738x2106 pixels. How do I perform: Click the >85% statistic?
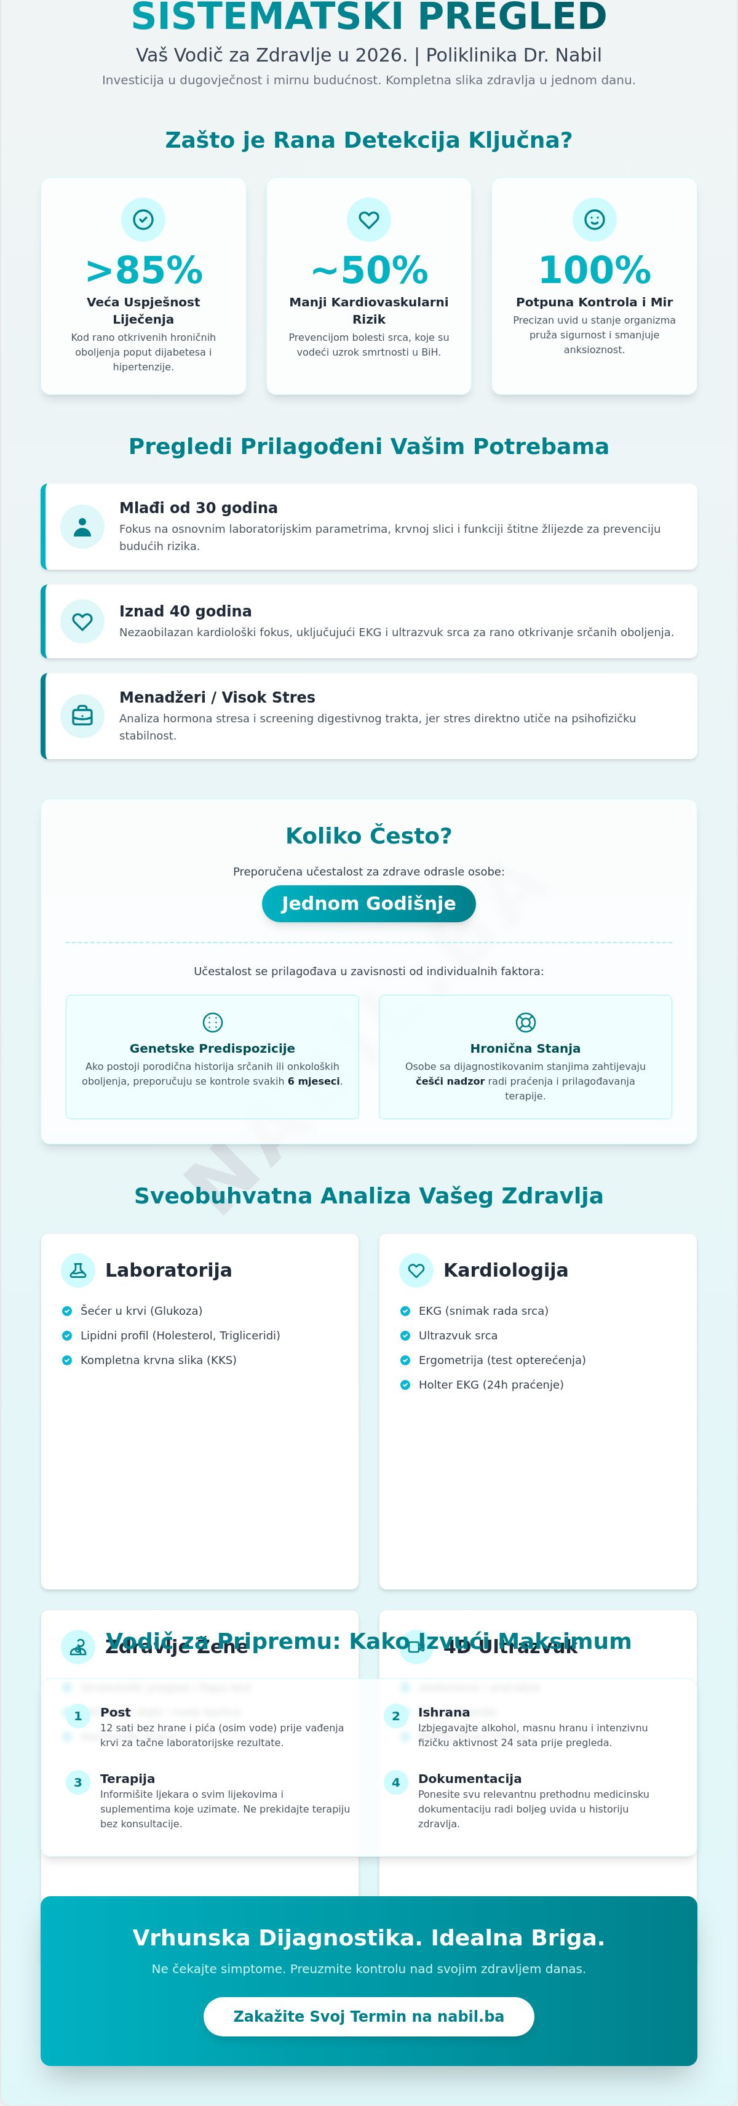pos(143,270)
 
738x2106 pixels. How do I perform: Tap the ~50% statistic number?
pos(368,270)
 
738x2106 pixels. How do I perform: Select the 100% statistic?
pos(594,270)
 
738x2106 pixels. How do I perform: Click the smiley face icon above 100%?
pos(594,219)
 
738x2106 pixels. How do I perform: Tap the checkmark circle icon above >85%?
pos(143,219)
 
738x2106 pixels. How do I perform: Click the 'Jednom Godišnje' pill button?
pos(368,903)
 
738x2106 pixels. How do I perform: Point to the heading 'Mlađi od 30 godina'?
pos(199,508)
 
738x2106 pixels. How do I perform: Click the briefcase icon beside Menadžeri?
pos(82,716)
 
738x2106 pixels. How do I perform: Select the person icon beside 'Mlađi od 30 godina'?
pos(82,527)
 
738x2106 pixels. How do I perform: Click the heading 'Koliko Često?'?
pos(368,836)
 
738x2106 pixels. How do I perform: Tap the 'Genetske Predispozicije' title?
pos(213,1048)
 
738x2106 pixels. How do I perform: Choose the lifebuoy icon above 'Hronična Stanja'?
pos(525,1022)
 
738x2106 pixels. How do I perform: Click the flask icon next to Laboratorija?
pos(79,1270)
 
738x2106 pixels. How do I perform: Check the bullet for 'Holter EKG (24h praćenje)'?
pos(405,1385)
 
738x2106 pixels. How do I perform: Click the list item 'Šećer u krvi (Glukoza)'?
pos(141,1311)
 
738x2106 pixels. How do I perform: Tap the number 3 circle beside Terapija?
pos(77,1782)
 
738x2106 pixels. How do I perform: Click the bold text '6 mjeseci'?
pos(313,1082)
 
